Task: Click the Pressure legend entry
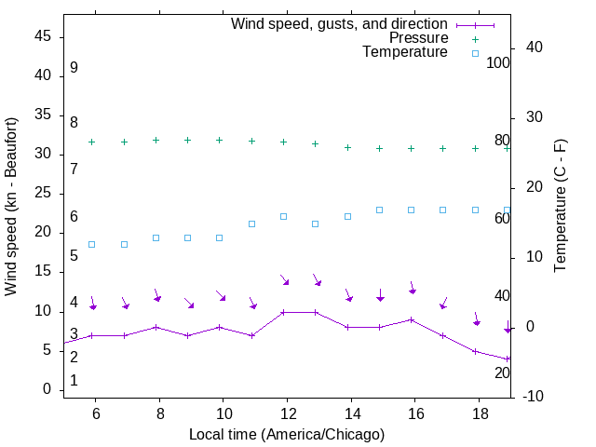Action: [418, 38]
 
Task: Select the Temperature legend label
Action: [405, 52]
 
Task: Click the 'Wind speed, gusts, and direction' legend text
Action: [339, 23]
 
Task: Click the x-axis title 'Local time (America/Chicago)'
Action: [287, 434]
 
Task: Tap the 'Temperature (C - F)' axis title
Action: [560, 207]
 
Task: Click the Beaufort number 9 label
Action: [74, 68]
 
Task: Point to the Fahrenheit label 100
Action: [498, 63]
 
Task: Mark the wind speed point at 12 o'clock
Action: [284, 312]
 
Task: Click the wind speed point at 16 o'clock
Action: [412, 319]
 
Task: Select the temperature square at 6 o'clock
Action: [92, 244]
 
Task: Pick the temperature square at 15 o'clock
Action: [380, 210]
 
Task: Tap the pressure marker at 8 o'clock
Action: [156, 140]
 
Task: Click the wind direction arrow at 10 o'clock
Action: [222, 295]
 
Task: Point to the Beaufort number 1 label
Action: [74, 381]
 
